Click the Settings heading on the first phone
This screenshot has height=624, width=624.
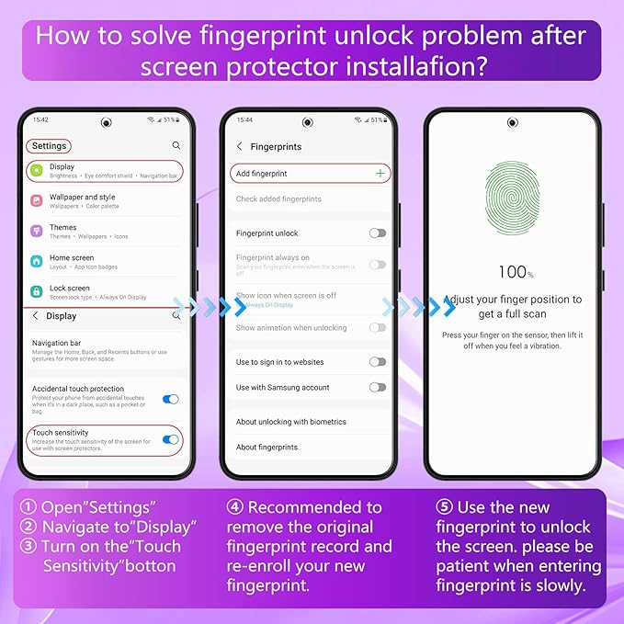point(49,146)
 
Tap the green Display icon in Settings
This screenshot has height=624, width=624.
point(37,171)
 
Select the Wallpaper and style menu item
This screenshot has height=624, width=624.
point(82,197)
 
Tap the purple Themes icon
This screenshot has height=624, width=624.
point(37,231)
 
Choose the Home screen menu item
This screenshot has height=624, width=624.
point(72,258)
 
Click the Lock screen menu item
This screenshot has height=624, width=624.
point(70,288)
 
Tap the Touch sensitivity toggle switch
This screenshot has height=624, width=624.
point(170,439)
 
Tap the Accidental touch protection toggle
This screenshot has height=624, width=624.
point(170,399)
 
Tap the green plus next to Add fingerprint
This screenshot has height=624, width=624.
point(380,173)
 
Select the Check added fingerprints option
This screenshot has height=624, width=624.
point(278,199)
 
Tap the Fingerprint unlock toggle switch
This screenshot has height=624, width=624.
point(377,233)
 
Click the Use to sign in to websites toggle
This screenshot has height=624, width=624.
point(377,362)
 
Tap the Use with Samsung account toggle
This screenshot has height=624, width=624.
point(377,387)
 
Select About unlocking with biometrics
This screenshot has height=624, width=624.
point(290,422)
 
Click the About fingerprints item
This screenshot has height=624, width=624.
point(267,448)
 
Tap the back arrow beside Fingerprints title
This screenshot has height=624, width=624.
point(240,146)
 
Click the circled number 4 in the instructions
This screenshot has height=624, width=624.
point(235,508)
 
